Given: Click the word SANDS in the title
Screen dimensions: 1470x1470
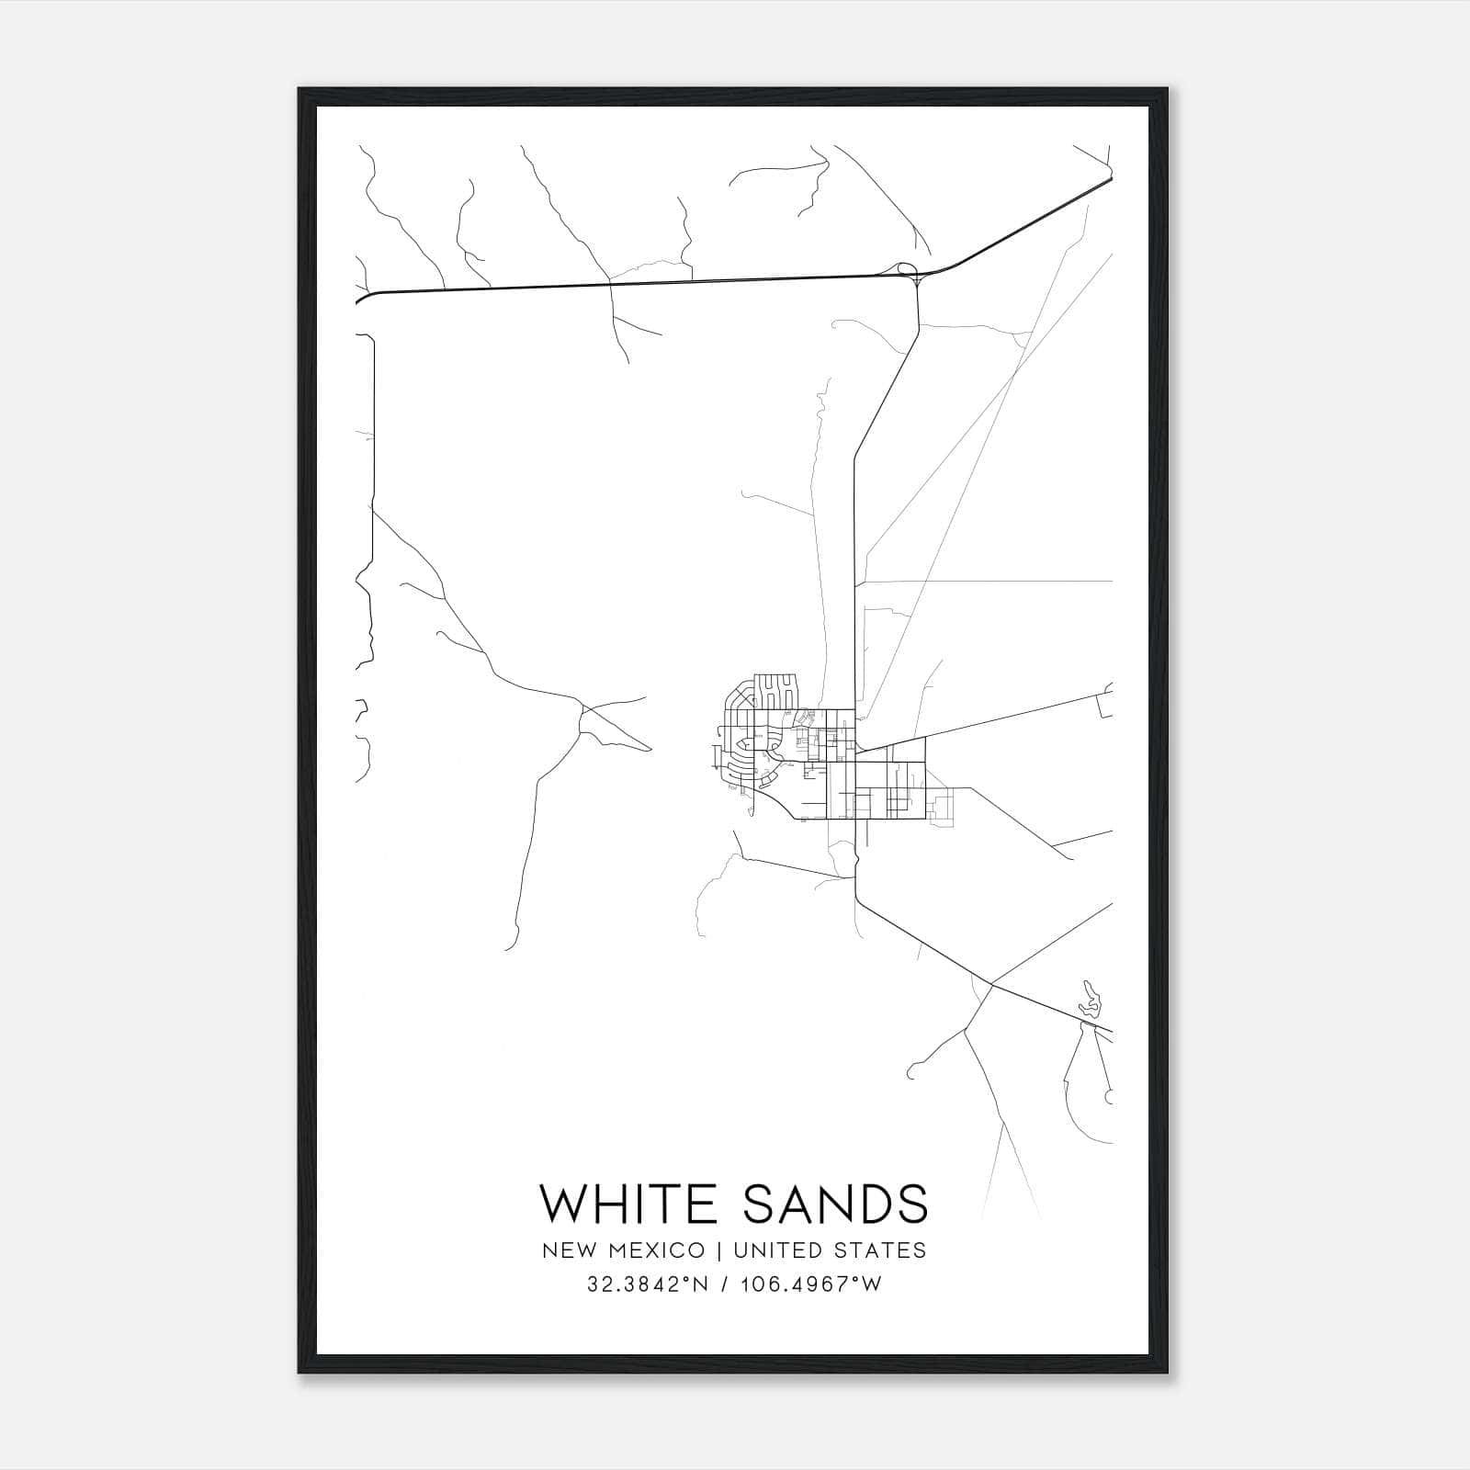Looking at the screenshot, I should (834, 1204).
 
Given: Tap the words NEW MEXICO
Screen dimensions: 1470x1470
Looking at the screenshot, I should (623, 1250).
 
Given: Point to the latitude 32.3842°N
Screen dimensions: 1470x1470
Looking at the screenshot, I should (649, 1284).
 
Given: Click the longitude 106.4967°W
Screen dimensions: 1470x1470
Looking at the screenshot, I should (811, 1284).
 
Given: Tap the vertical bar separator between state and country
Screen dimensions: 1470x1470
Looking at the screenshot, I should (719, 1250).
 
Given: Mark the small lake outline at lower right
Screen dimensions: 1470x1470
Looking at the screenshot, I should (1090, 999).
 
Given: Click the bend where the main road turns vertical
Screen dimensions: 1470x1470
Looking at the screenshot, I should (855, 452).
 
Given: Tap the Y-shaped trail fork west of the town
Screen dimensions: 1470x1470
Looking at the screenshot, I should (582, 708).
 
